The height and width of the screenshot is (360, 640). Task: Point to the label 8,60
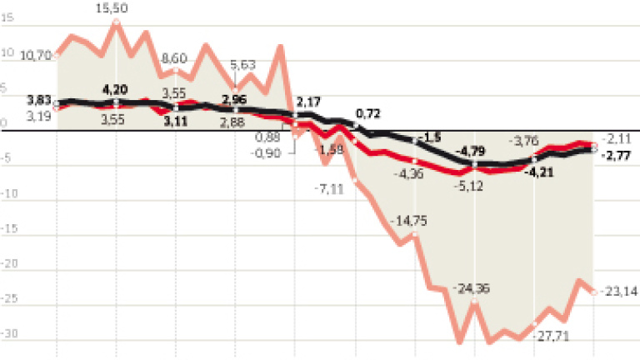[176, 58]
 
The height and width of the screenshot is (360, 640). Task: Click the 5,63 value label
[242, 65]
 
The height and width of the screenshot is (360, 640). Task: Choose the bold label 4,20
[117, 88]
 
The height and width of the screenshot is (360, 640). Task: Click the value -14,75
[408, 219]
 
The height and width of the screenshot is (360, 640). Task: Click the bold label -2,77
[618, 154]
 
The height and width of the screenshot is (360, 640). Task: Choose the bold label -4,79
[472, 150]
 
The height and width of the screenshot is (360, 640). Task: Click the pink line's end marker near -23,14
[592, 291]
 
